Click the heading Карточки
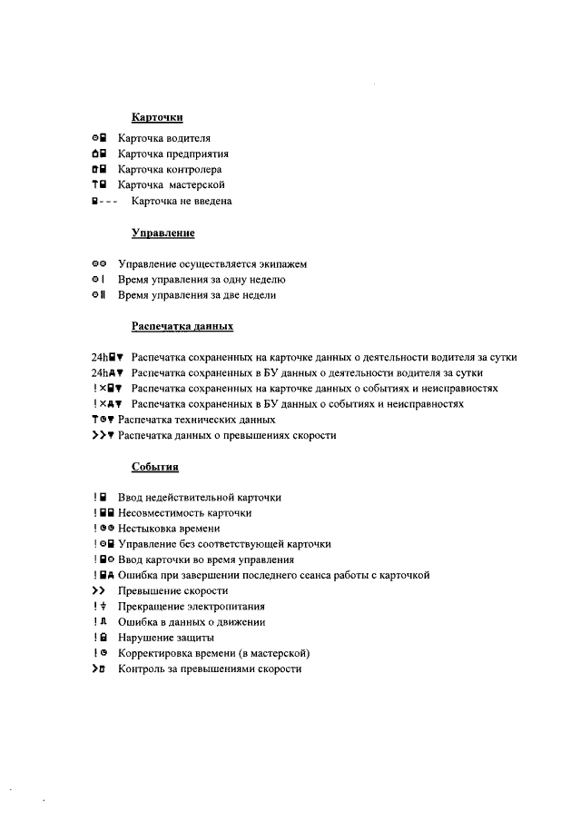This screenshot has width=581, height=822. click(158, 118)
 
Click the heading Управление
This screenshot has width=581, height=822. click(163, 233)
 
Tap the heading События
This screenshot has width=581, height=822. click(155, 468)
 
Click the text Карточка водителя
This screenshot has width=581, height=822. click(164, 138)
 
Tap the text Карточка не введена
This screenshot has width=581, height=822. click(182, 201)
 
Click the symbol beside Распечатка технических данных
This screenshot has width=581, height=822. click(102, 420)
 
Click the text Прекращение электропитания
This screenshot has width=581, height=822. click(184, 607)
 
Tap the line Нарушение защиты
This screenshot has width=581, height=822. click(153, 638)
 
